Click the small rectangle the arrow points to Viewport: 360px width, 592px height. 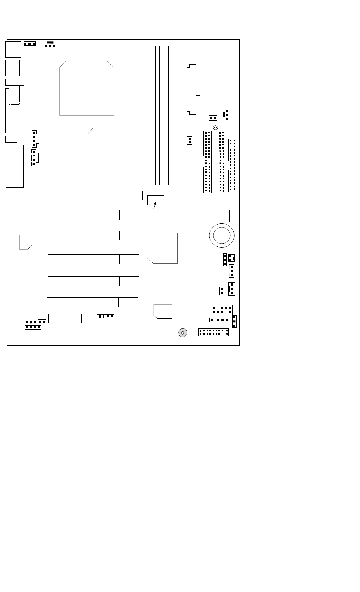click(156, 200)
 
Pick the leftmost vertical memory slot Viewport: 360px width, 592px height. click(150, 115)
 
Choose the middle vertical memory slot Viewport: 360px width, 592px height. click(164, 115)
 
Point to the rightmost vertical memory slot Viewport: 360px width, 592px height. click(177, 115)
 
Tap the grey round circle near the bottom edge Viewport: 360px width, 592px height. click(183, 333)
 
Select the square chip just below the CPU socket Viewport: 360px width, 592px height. click(104, 144)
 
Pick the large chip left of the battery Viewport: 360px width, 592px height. click(162, 248)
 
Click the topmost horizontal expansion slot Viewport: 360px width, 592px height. click(101, 195)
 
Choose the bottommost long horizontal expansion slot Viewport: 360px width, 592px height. click(92, 302)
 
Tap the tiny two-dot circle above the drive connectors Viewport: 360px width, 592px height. click(215, 127)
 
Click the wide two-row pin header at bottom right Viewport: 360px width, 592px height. click(213, 332)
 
